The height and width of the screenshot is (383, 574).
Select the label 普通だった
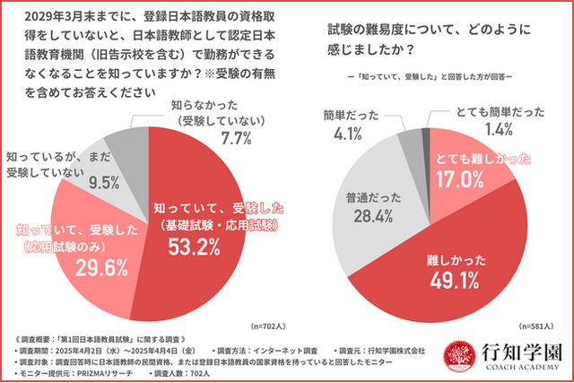click(366, 196)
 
